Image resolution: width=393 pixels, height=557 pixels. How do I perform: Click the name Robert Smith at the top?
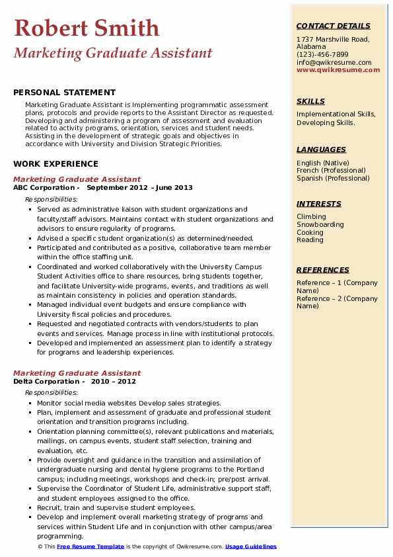pyautogui.click(x=87, y=28)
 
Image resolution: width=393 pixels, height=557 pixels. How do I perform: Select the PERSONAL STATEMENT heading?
pyautogui.click(x=64, y=93)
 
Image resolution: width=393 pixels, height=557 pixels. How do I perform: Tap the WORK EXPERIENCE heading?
pyautogui.click(x=55, y=164)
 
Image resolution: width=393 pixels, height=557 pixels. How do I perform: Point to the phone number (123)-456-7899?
pyautogui.click(x=322, y=55)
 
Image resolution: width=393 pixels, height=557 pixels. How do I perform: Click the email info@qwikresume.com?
pyautogui.click(x=334, y=62)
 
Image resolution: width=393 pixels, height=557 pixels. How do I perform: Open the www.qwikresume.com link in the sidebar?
pyautogui.click(x=338, y=69)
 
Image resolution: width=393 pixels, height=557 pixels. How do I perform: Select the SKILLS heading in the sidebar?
pyautogui.click(x=310, y=101)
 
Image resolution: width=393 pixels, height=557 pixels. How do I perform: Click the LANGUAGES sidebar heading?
pyautogui.click(x=321, y=150)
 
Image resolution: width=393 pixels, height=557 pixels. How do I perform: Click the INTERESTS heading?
pyautogui.click(x=319, y=204)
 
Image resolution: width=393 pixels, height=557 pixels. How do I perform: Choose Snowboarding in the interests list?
pyautogui.click(x=320, y=225)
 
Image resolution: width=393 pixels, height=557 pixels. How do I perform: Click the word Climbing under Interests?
pyautogui.click(x=311, y=217)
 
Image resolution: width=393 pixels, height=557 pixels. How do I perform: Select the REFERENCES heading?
pyautogui.click(x=323, y=270)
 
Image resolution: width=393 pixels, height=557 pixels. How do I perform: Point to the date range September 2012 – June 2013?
pyautogui.click(x=140, y=188)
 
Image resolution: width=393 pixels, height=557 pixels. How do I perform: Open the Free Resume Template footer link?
pyautogui.click(x=90, y=547)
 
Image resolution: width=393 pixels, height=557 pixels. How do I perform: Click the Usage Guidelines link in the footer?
pyautogui.click(x=251, y=547)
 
